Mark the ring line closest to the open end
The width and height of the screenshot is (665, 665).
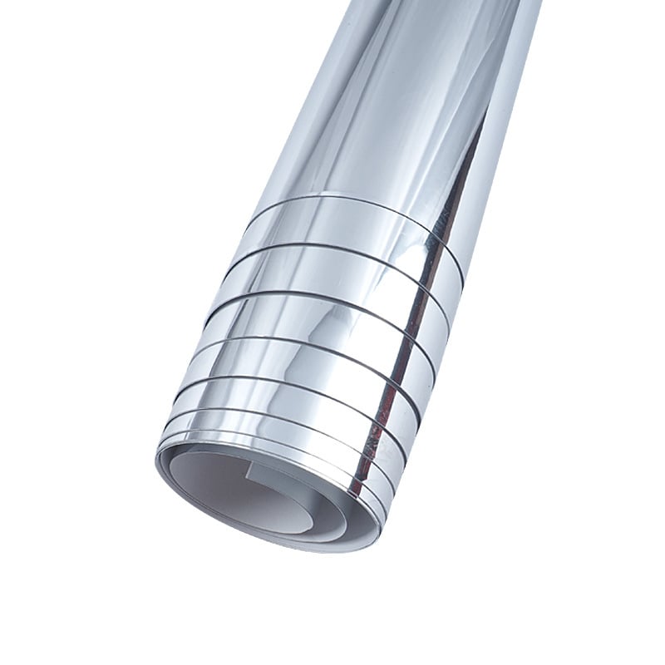(x=274, y=424)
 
